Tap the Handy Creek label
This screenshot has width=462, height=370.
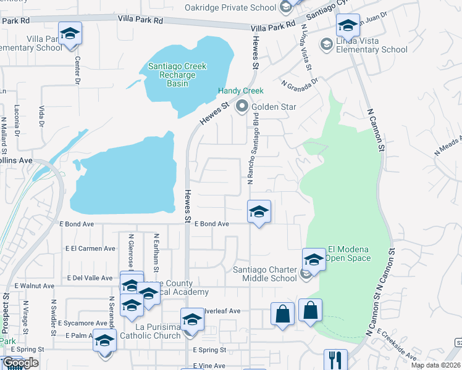point(241,91)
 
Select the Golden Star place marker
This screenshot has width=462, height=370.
point(242,107)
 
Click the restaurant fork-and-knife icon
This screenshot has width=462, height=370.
point(336,359)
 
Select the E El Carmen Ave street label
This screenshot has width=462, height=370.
point(90,249)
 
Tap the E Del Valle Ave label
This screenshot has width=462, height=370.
point(90,278)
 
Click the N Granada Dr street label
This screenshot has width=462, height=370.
point(298,81)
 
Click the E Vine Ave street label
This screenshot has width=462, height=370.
point(209,366)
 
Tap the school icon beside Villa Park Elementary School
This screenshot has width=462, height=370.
point(70,31)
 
